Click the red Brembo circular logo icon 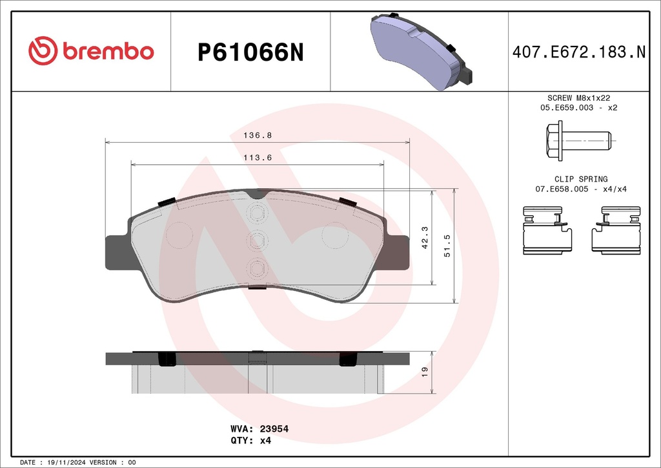click(x=43, y=50)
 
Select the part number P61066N click(x=250, y=53)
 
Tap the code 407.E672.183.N click(x=579, y=52)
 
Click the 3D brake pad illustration click(x=421, y=52)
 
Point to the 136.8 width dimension click(x=258, y=136)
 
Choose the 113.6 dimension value click(x=258, y=158)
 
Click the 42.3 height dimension click(x=425, y=238)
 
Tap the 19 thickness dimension click(x=425, y=372)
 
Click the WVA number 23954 click(x=274, y=429)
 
